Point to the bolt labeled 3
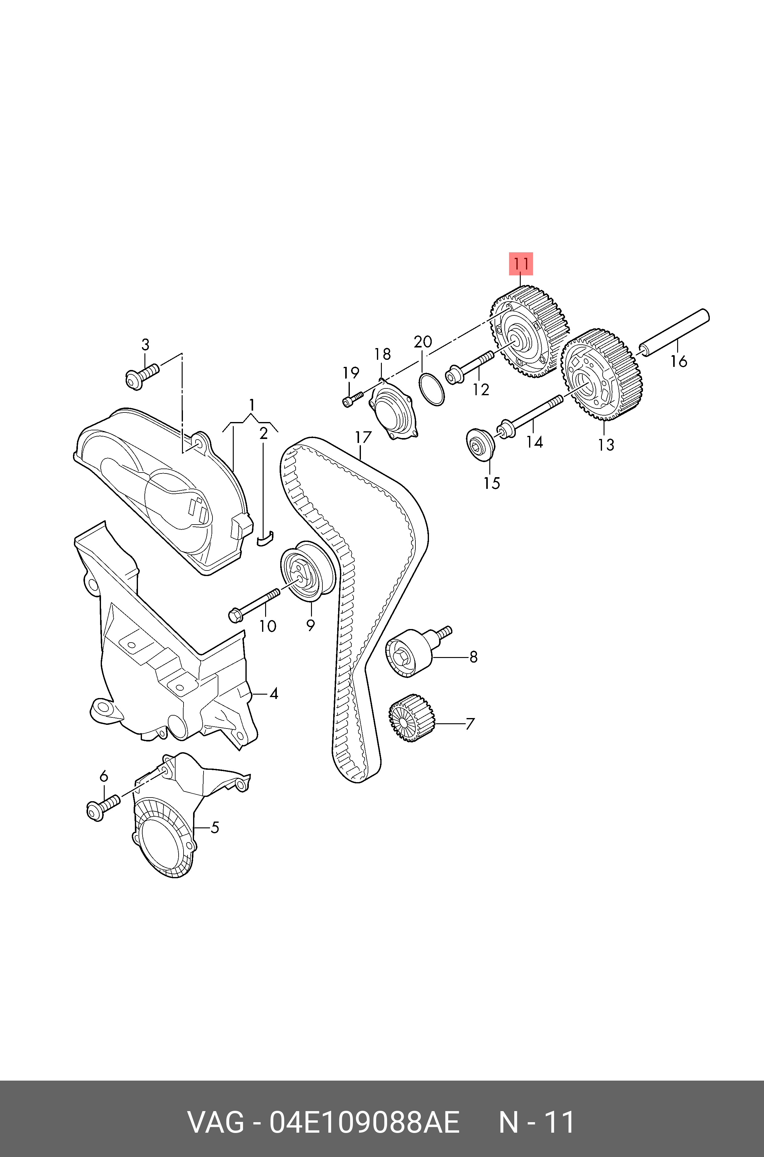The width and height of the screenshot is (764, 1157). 141,376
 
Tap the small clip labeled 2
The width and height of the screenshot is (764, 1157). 265,538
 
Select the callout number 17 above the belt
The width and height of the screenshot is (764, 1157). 363,437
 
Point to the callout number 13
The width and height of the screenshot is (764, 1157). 606,445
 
